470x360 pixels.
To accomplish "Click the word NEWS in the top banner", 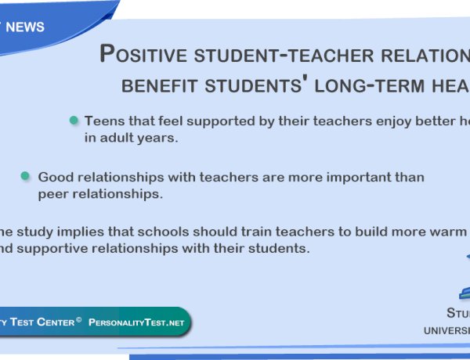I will pyautogui.click(x=27, y=27).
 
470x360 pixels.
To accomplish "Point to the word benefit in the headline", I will pyautogui.click(x=154, y=84).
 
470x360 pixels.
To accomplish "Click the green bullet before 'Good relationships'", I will pyautogui.click(x=26, y=176).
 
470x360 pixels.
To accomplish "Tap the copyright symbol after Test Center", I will pyautogui.click(x=79, y=319).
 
